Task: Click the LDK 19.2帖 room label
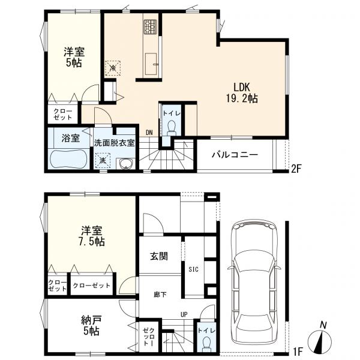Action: point(242,93)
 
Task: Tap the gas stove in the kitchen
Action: point(151,26)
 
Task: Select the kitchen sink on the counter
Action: point(151,64)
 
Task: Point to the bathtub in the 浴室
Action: point(68,158)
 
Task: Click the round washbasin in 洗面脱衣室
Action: point(125,164)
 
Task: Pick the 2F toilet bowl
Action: point(171,128)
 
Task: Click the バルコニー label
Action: point(235,155)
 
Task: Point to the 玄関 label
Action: point(159,256)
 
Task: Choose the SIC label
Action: point(194,269)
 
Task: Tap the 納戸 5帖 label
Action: point(91,325)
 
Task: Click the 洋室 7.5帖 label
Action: point(92,236)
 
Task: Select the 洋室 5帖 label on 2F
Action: point(74,57)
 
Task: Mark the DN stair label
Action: point(149,133)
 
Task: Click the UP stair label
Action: point(184,314)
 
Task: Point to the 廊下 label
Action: point(160,295)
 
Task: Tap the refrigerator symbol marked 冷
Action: point(113,68)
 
